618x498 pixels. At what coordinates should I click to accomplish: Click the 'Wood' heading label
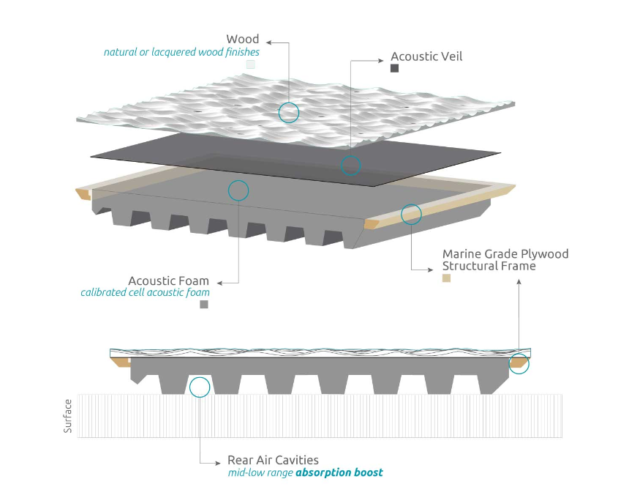tap(243, 39)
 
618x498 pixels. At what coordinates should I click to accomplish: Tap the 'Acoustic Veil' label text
tap(426, 56)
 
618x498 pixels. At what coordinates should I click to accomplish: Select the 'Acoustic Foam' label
tap(168, 280)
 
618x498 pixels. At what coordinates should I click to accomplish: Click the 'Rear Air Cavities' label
tap(273, 460)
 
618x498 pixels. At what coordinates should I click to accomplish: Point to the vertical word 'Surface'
tap(68, 416)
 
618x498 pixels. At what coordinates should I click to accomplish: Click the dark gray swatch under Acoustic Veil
tap(394, 68)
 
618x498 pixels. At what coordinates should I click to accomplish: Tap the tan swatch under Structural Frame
tap(446, 278)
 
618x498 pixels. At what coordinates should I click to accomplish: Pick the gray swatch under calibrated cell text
tap(204, 305)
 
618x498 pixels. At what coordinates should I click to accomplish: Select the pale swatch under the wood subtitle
tap(251, 64)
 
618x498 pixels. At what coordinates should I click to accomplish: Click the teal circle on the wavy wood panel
tap(289, 112)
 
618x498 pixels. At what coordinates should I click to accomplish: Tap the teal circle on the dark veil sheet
tap(351, 165)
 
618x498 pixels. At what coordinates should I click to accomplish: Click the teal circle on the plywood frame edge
tap(412, 214)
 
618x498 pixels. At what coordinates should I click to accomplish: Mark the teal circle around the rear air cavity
tap(199, 387)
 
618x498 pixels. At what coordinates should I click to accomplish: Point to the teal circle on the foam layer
tap(238, 190)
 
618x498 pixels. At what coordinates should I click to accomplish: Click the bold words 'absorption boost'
tap(339, 472)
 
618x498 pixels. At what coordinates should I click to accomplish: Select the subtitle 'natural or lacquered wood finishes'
tap(181, 52)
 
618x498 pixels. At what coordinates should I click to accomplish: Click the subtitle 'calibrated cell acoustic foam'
tap(145, 293)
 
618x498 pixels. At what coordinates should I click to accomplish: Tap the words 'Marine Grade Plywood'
tap(505, 254)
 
